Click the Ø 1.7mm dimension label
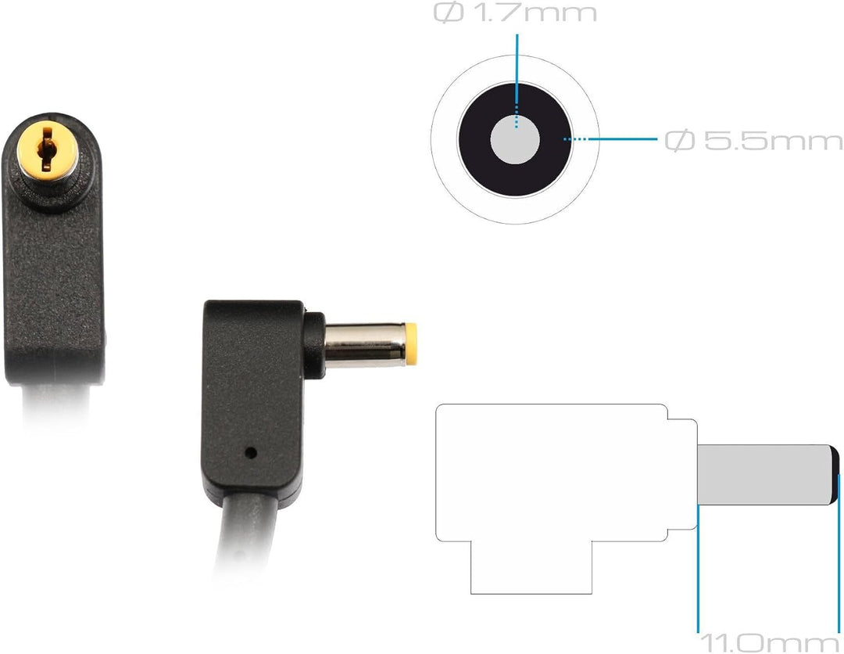coord(515,13)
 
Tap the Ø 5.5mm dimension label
coord(753,140)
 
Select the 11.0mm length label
coord(770,643)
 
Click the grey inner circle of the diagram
coord(515,139)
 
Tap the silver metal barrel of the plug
coord(364,345)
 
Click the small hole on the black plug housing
coord(250,452)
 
